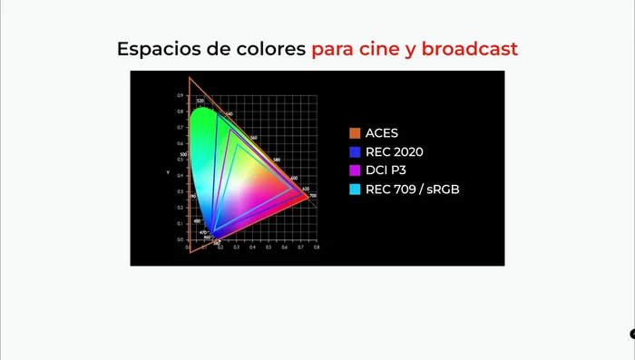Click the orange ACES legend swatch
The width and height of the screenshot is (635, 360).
click(355, 133)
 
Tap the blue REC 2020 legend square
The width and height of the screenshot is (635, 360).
click(355, 151)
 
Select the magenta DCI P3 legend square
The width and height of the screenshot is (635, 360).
click(355, 170)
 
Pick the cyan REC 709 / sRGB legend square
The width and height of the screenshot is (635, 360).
click(355, 189)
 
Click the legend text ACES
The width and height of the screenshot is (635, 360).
click(382, 133)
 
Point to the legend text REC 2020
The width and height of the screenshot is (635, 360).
click(394, 151)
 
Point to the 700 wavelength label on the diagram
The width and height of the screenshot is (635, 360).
click(313, 196)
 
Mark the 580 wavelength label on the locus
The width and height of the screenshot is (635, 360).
click(276, 158)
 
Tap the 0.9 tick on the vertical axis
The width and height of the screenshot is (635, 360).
click(180, 94)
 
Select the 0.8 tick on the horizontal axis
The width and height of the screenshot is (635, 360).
click(316, 247)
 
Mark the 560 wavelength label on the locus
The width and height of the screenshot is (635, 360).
click(253, 138)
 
